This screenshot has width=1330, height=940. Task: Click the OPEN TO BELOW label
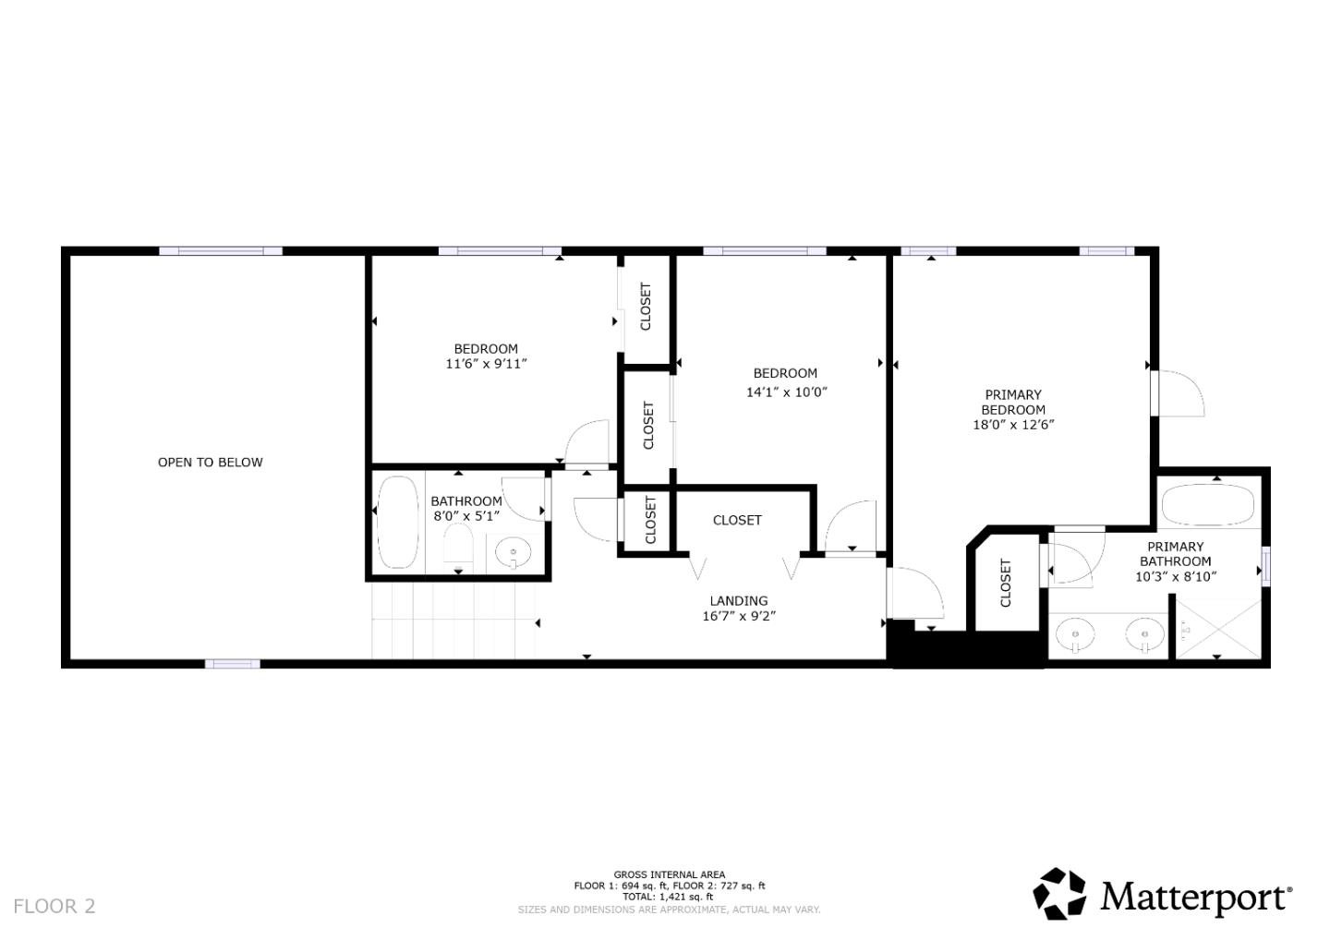coord(211,463)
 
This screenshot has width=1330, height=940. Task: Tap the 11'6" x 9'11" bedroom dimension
coord(486,364)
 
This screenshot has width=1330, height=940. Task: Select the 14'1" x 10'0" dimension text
coord(786,392)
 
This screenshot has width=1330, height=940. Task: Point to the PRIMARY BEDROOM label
coord(1013,403)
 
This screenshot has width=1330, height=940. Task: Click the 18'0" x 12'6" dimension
coord(1013,425)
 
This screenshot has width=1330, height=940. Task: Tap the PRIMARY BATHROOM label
coord(1175,554)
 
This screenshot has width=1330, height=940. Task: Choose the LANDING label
coord(739,601)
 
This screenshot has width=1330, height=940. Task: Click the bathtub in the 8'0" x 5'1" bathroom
coord(398,522)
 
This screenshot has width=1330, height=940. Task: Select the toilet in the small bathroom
coord(458,548)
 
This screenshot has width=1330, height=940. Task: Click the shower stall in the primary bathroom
coord(1217,628)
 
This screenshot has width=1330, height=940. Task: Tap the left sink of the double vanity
coord(1076,635)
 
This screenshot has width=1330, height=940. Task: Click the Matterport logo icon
coord(1059,894)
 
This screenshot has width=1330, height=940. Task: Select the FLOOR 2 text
coord(54,906)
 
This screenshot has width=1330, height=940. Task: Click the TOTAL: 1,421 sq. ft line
coord(669,897)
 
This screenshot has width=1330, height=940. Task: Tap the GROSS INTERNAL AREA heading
coord(669,874)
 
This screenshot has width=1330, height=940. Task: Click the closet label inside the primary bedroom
coord(1006,584)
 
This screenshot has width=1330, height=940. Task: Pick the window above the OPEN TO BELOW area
coord(221,251)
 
